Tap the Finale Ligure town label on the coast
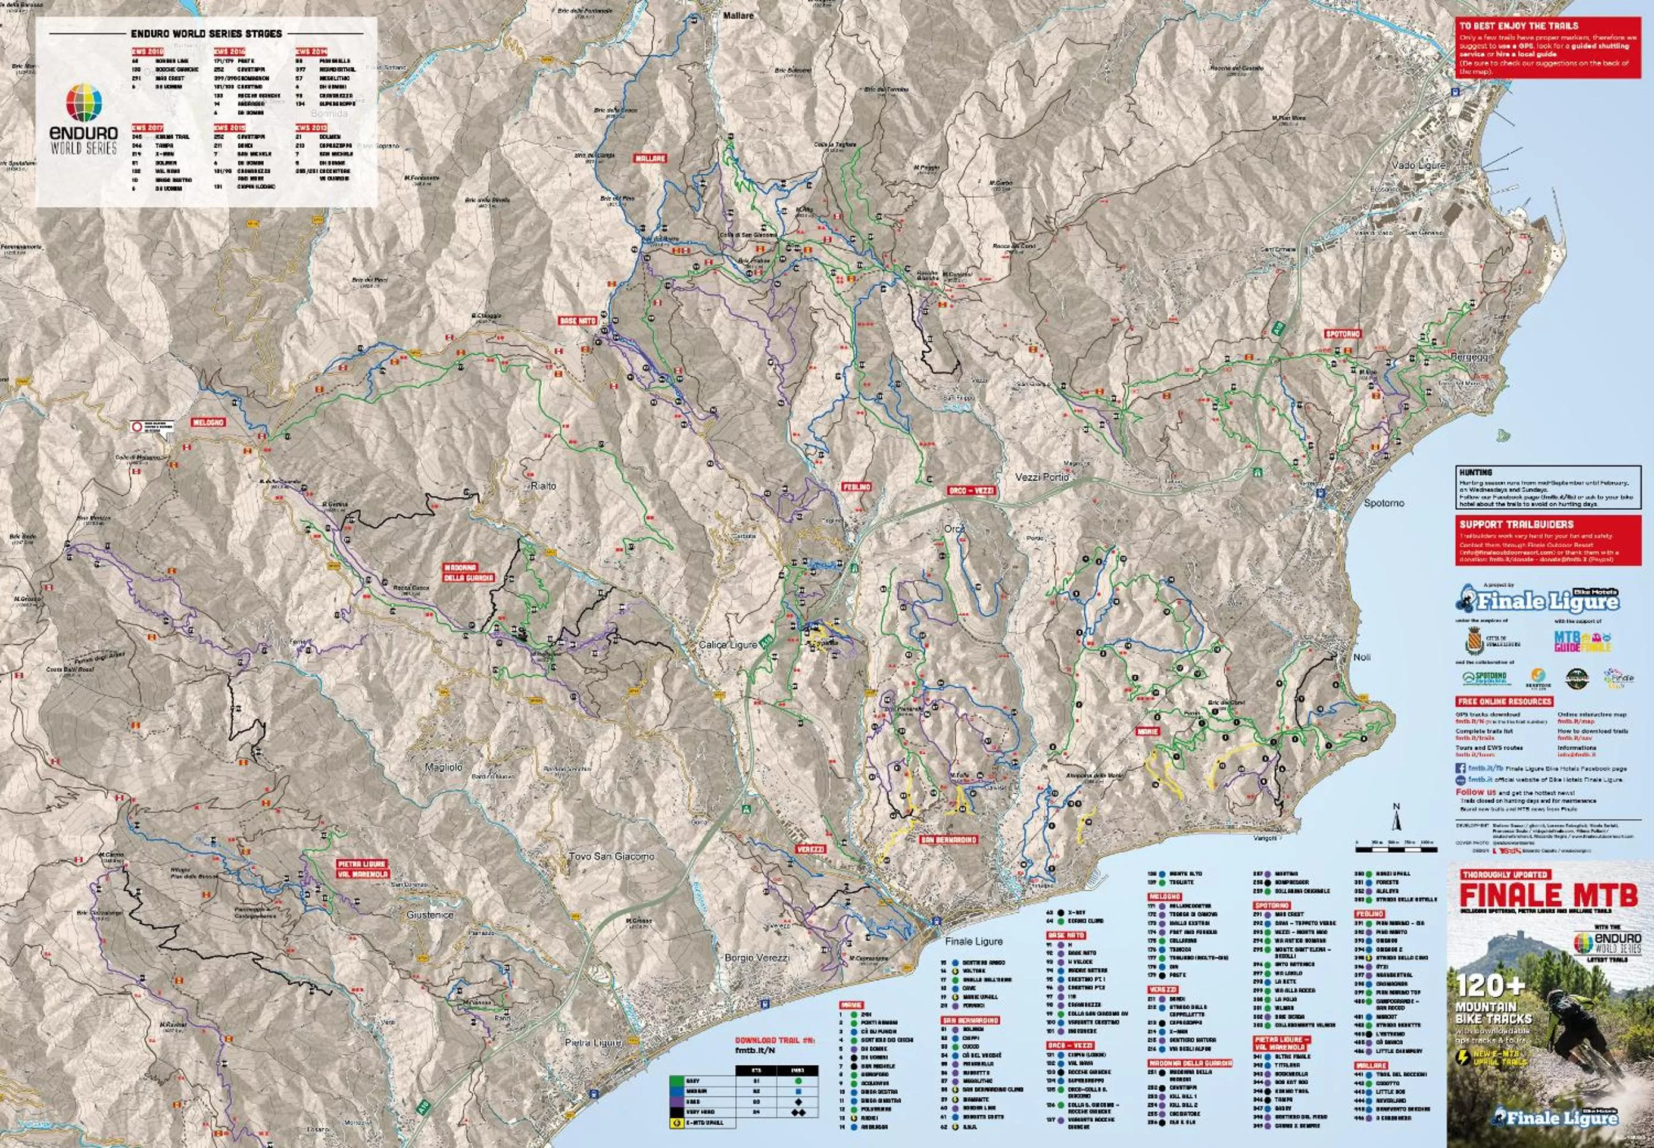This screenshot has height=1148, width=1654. (973, 941)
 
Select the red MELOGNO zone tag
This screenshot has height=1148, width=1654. (208, 422)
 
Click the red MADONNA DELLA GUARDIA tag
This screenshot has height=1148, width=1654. (468, 573)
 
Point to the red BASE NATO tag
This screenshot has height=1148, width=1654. (578, 321)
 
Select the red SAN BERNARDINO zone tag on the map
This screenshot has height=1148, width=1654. (949, 840)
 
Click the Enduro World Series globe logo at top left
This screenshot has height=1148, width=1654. (84, 102)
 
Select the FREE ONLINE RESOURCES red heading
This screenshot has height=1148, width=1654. (1505, 701)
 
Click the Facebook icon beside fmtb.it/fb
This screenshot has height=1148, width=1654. (1460, 768)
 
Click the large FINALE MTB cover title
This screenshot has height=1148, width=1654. (1548, 896)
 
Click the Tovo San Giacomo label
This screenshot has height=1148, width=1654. (611, 856)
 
